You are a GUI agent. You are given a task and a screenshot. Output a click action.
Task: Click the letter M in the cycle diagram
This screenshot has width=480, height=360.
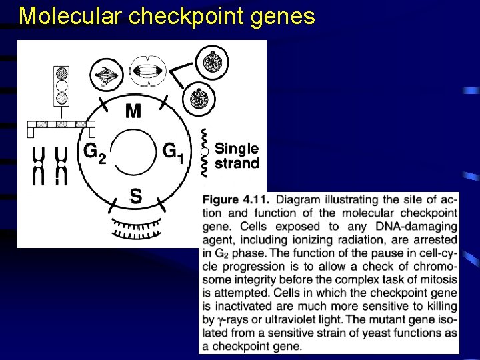133,111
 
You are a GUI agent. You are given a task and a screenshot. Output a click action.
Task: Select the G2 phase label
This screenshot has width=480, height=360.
94,153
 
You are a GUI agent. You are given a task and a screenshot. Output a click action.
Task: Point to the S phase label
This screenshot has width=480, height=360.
135,196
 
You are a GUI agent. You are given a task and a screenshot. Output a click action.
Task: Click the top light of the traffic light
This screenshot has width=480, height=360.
62,72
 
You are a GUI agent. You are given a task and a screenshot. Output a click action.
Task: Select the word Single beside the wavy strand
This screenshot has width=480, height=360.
237,149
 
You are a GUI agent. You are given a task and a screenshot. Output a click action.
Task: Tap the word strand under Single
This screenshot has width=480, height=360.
237,163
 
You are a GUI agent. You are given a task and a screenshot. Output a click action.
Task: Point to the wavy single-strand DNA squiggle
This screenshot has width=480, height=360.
205,152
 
